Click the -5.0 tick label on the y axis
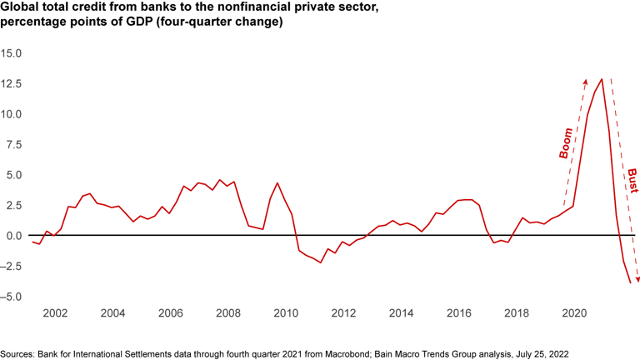[x=12, y=297]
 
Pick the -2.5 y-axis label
[x=12, y=266]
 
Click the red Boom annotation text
[x=566, y=142]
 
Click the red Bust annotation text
[x=632, y=179]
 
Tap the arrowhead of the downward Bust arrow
[x=637, y=280]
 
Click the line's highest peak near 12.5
[x=602, y=79]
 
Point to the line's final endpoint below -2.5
[x=630, y=283]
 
